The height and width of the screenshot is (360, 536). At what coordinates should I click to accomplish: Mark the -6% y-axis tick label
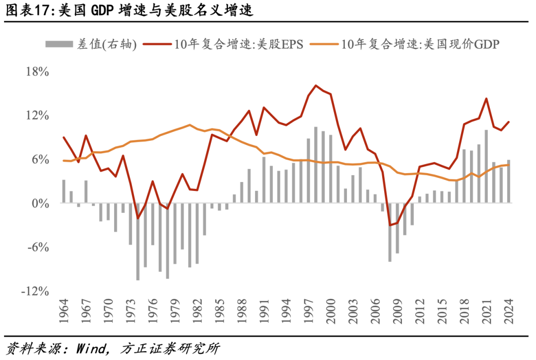tap(38, 247)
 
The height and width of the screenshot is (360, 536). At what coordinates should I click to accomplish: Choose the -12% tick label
tap(35, 291)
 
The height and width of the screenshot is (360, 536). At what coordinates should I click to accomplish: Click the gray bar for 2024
tap(508, 182)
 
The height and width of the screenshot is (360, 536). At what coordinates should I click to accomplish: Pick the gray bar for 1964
tap(64, 191)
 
